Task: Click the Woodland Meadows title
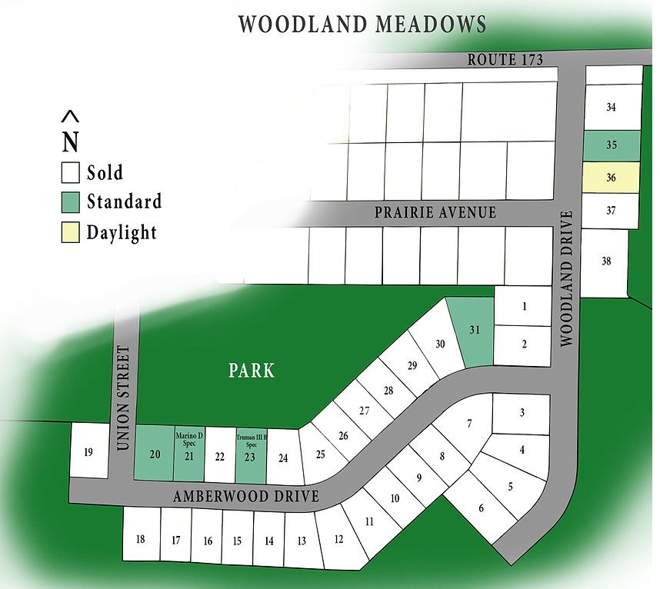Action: tap(362, 24)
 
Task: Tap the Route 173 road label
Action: tap(505, 59)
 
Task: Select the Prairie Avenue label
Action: tap(435, 211)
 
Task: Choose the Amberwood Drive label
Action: tap(245, 496)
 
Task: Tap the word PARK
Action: tap(252, 371)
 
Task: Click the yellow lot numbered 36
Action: tap(612, 178)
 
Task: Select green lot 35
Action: tap(612, 145)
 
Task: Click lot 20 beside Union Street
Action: tap(155, 454)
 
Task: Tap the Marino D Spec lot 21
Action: tap(189, 454)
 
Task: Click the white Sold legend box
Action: tap(71, 172)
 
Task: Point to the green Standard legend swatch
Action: tap(71, 202)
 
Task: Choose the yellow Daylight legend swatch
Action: tap(71, 232)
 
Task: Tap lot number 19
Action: tap(88, 451)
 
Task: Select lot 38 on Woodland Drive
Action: tap(605, 261)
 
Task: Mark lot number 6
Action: tap(482, 507)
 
